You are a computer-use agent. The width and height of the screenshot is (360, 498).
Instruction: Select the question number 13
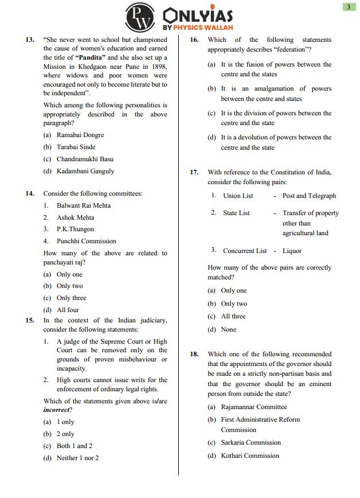point(30,40)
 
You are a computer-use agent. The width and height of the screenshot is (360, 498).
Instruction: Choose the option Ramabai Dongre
point(80,135)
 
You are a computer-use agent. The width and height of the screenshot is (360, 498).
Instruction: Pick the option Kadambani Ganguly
point(85,171)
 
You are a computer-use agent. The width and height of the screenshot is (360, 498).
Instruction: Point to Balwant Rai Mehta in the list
point(84,205)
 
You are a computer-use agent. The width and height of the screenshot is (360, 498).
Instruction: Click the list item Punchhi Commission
point(86,241)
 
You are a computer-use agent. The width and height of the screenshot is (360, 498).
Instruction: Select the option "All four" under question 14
point(68,310)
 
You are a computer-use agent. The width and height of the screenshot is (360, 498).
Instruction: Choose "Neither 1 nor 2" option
point(77,458)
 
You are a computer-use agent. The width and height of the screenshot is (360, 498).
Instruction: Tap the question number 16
point(194,40)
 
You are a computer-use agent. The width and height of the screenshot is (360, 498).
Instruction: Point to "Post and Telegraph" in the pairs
point(310,196)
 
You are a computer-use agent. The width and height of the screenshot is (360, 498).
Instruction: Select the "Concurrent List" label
point(245,251)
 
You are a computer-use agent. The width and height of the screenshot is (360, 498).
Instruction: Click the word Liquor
point(292,251)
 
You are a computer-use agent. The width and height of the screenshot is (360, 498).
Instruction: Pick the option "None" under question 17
point(228,329)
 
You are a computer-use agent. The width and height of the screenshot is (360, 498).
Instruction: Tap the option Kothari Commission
point(250,456)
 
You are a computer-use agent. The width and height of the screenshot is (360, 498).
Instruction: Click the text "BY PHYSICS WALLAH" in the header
point(198,27)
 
